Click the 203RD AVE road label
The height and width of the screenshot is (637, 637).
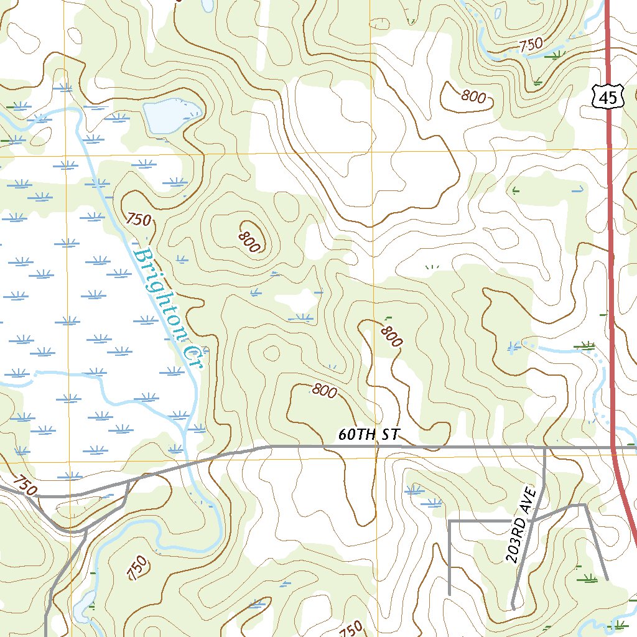click(520, 534)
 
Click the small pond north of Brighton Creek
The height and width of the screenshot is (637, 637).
click(170, 114)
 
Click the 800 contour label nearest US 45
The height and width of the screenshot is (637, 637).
click(473, 96)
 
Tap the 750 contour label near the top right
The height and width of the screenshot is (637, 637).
click(531, 45)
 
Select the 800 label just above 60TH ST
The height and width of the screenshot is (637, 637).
click(324, 391)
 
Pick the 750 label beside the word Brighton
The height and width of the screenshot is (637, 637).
click(139, 219)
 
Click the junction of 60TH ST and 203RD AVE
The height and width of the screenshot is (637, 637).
click(545, 447)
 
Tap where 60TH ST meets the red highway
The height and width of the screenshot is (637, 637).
click(613, 447)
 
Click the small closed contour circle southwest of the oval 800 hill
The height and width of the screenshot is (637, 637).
click(271, 353)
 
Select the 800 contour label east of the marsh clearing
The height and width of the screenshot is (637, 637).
click(391, 336)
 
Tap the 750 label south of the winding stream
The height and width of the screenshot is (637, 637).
click(138, 567)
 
